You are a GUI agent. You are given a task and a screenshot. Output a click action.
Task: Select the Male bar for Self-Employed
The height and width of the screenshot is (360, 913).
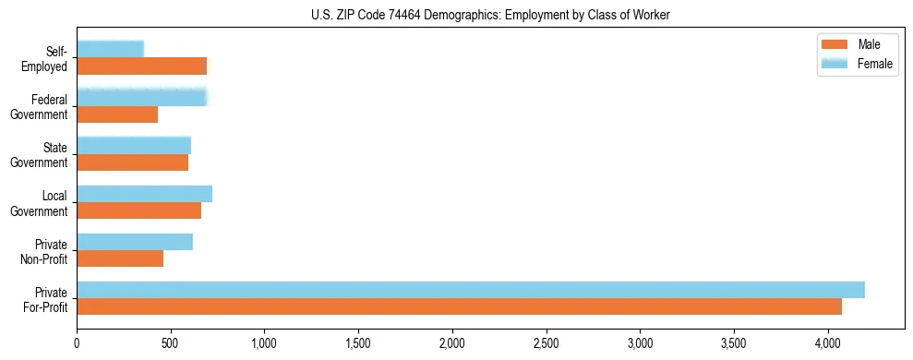[x=142, y=66]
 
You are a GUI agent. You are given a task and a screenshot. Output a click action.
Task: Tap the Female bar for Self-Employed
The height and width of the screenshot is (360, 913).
[x=111, y=49]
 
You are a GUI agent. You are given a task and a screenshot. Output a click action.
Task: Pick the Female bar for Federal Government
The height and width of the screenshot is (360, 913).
[x=142, y=97]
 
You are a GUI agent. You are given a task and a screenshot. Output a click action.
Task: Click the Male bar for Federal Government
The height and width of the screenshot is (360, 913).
[x=117, y=114]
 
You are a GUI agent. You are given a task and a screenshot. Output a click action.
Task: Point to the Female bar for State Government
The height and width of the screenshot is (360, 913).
[x=134, y=145]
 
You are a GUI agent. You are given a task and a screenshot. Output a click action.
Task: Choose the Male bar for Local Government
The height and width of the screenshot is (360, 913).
[x=138, y=210]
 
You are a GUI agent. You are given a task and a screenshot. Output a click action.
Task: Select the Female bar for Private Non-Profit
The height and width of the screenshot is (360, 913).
[x=135, y=242]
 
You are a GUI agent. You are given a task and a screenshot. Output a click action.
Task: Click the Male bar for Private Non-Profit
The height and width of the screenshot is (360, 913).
[x=120, y=259]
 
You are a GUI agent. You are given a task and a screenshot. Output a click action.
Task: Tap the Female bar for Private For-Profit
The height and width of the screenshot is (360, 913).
[x=471, y=290]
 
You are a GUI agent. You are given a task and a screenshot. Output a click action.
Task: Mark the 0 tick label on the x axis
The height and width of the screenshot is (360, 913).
[x=78, y=342]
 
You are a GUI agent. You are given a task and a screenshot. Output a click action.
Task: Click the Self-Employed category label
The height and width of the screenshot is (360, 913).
[x=46, y=59]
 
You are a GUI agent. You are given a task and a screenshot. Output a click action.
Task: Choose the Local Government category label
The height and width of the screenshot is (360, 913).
[x=40, y=203]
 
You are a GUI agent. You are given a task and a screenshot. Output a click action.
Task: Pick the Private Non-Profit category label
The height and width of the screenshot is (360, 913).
[x=42, y=251]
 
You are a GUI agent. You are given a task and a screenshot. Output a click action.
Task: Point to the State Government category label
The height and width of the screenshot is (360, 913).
[x=40, y=155]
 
